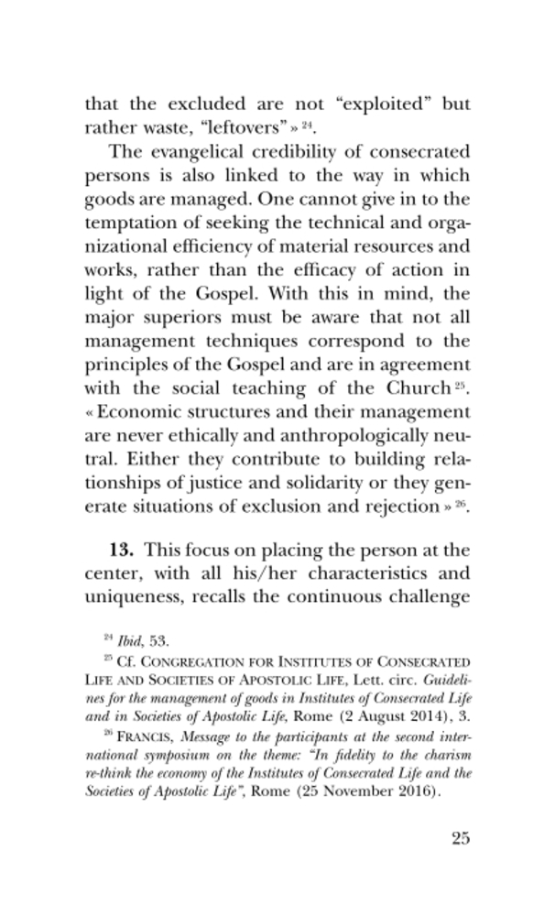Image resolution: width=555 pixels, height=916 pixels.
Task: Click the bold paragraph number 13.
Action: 123,551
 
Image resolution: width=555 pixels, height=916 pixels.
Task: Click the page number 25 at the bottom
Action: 459,838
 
